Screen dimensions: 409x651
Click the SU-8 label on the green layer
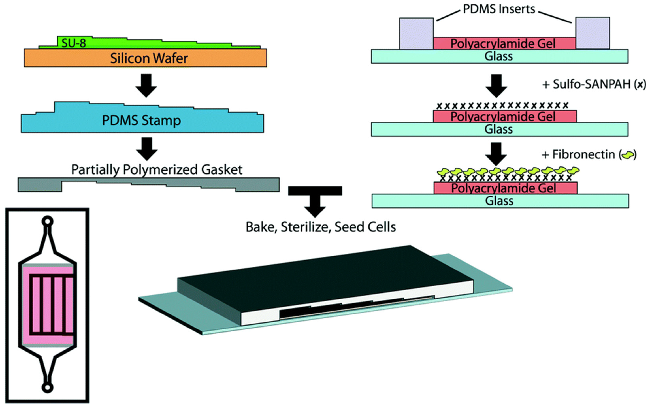73,43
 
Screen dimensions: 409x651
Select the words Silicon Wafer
149,58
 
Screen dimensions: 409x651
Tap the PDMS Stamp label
141,120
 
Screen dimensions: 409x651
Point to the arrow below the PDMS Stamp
147,149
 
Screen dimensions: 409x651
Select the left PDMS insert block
416,34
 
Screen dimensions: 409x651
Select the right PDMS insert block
593,33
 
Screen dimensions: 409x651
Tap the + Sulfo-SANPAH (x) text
594,84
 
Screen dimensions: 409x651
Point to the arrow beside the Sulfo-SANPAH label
496,86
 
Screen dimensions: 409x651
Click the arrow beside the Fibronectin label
496,154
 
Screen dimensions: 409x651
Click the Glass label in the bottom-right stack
499,201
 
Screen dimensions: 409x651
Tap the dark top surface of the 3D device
324,270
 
